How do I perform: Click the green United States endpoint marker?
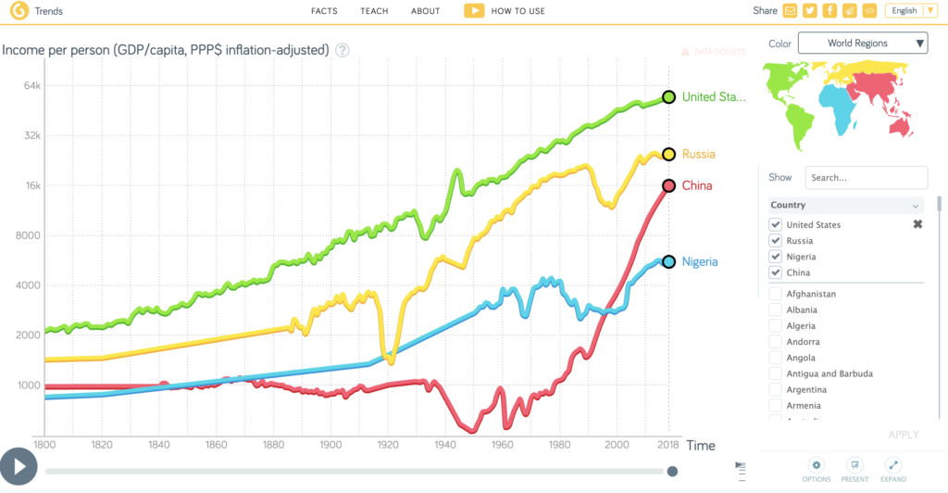pos(668,97)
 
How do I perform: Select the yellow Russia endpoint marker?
pos(668,155)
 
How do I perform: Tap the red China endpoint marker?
pos(668,186)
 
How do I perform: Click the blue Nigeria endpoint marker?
pos(668,262)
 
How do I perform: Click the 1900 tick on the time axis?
pos(330,446)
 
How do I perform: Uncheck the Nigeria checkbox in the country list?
pos(776,257)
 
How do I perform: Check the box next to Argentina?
pos(776,389)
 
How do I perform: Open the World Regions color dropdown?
pos(862,43)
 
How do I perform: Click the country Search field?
pos(866,177)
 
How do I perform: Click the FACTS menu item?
pos(324,11)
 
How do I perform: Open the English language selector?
pos(911,11)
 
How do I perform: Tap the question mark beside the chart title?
pos(343,50)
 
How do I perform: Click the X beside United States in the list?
pos(917,224)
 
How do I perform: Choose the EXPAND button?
pos(893,469)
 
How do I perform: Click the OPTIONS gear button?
pos(816,469)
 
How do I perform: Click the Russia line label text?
pos(698,155)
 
